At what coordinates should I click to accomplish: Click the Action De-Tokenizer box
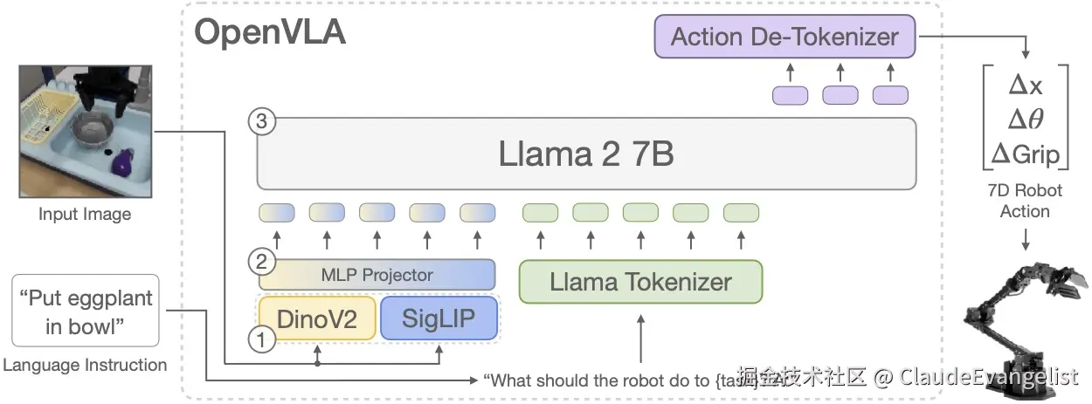coord(784,37)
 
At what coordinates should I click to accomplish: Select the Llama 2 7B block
coord(586,154)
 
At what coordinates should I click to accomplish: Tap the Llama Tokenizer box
coord(640,282)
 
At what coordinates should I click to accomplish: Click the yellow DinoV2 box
coord(317,318)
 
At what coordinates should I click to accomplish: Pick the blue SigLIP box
coord(439,318)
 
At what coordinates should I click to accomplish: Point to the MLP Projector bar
coord(377,275)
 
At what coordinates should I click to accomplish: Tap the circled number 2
coord(259,260)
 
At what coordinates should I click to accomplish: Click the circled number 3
coord(261,121)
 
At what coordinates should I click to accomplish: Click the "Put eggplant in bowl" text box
coord(85,312)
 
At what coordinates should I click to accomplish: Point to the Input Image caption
coord(85,214)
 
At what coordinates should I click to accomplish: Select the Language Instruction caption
coord(85,366)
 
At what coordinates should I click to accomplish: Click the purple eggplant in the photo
coord(123,160)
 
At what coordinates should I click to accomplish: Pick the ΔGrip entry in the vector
coord(1025,154)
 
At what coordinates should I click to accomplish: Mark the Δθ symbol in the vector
coord(1025,120)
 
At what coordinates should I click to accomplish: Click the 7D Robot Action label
coord(1025,201)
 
